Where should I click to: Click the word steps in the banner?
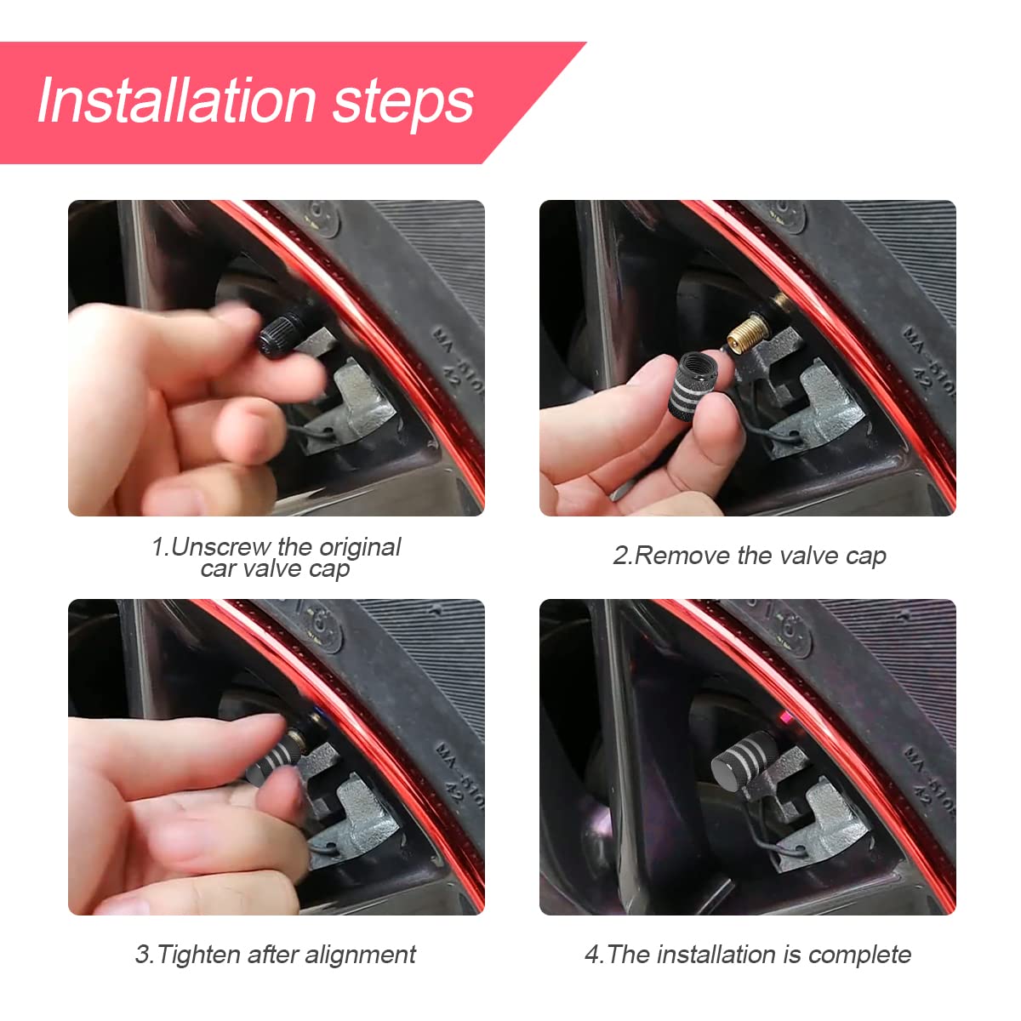coord(402,102)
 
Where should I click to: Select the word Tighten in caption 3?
coord(199,955)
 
